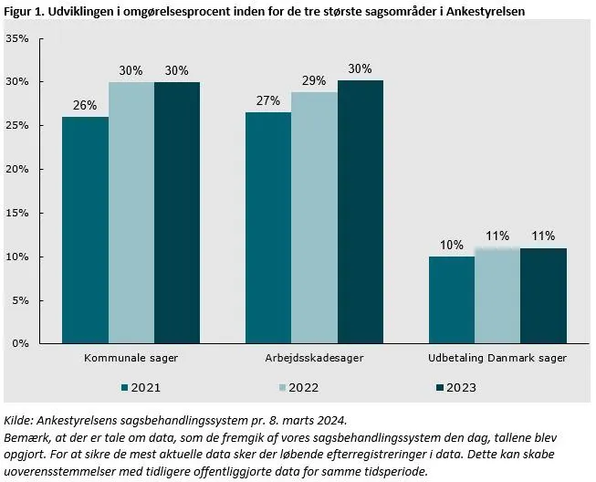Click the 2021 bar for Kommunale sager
point(85,230)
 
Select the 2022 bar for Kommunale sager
point(131,213)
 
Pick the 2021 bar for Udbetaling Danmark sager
point(451,300)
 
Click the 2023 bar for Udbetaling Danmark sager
point(543,296)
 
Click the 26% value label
point(85,105)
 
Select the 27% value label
point(268,100)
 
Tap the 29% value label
point(314,80)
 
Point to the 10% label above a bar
point(451,245)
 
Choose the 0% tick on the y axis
point(20,344)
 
